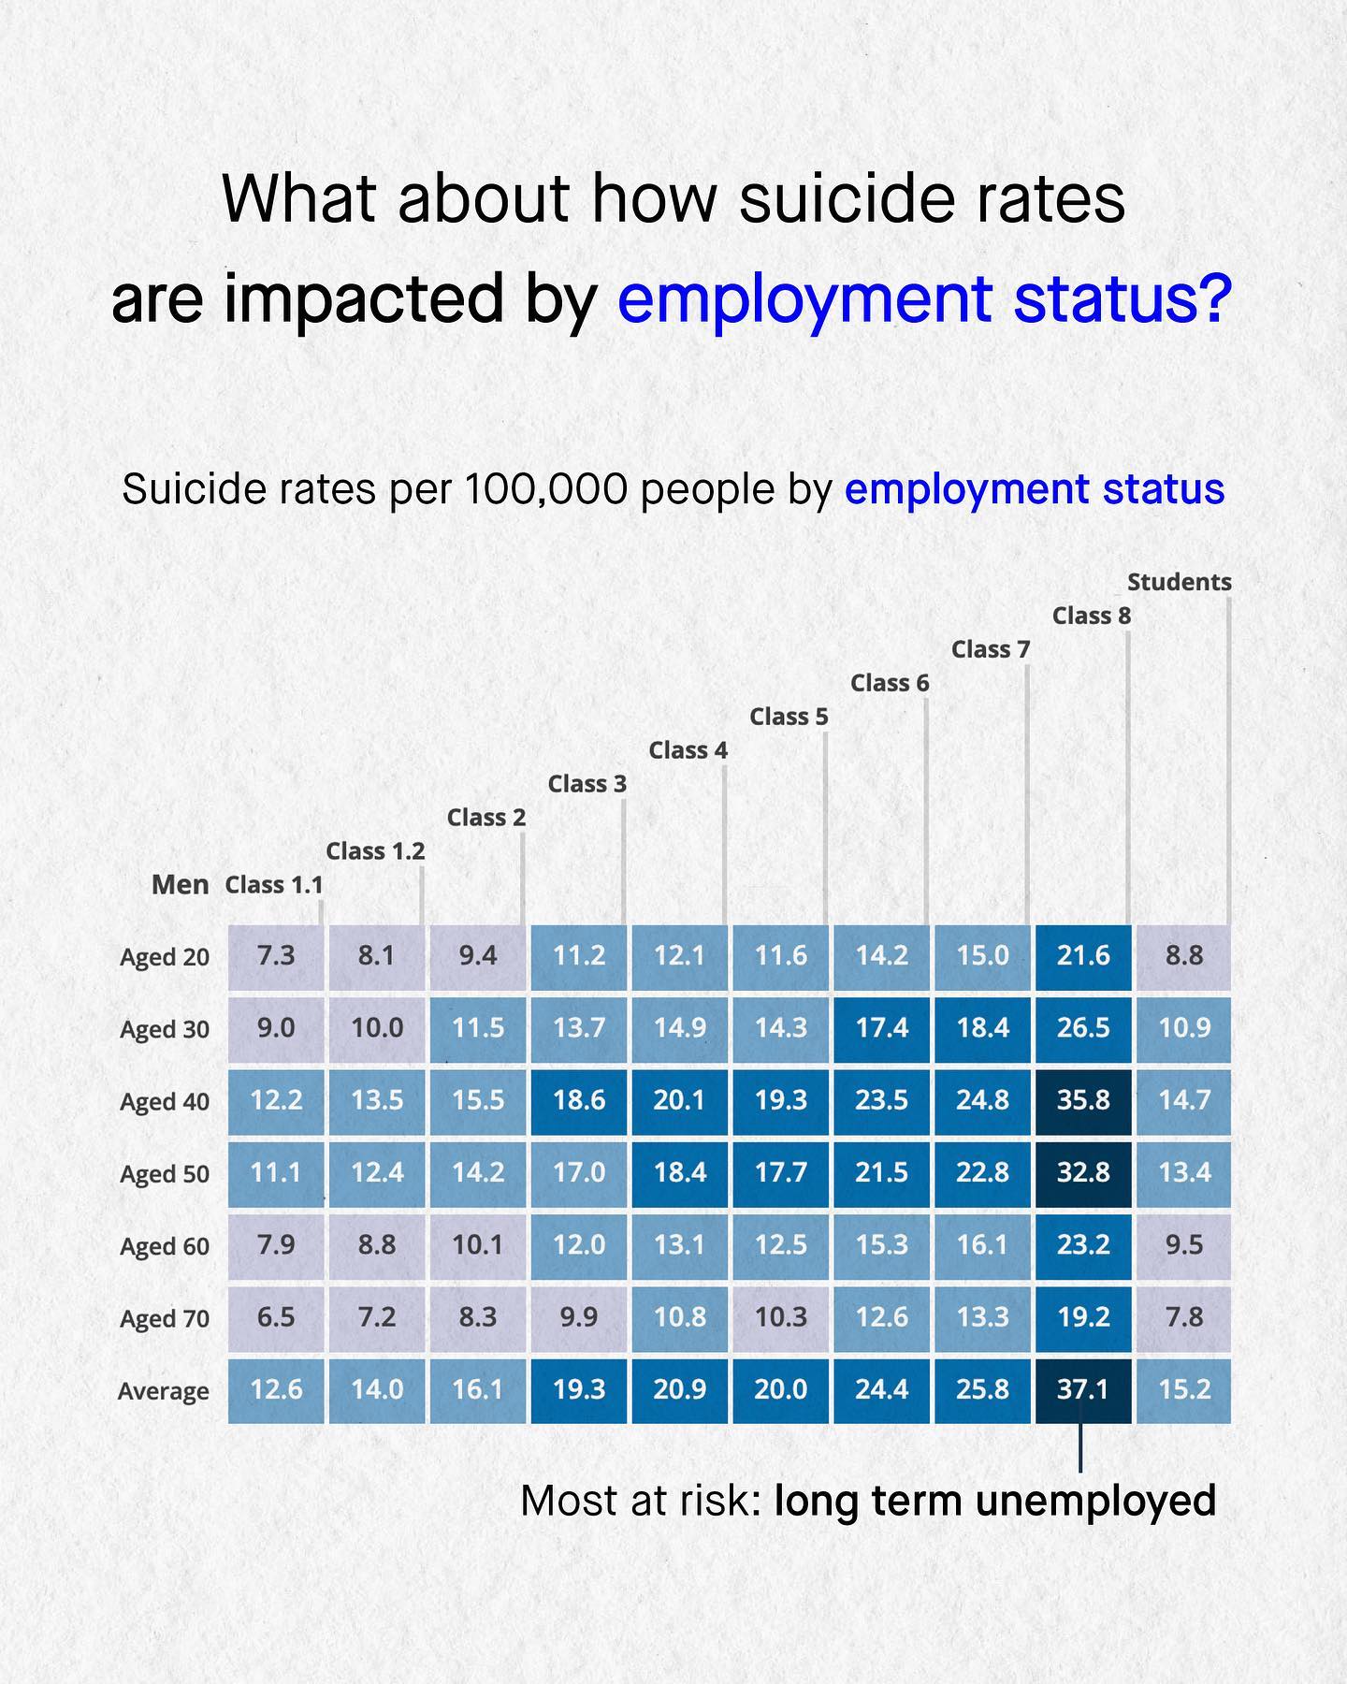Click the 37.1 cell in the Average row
point(1083,1390)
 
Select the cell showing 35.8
point(1083,1100)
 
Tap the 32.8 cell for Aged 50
point(1083,1172)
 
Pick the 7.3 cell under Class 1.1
point(276,956)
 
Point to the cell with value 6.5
point(276,1317)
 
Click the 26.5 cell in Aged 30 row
point(1083,1028)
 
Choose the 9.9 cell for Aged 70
point(579,1317)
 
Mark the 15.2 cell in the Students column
point(1184,1390)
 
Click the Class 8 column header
point(1091,616)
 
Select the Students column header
point(1179,582)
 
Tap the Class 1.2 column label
point(375,851)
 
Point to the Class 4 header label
point(688,750)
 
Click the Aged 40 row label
point(165,1102)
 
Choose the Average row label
point(164,1391)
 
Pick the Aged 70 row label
point(165,1319)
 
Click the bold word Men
point(180,885)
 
